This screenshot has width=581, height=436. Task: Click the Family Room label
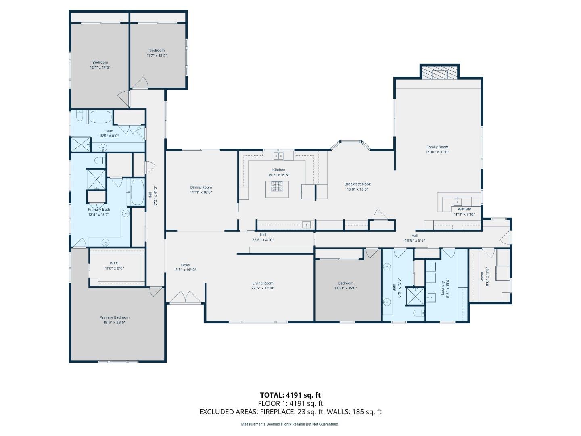coord(437,147)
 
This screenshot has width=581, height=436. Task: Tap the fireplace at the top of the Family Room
coord(439,73)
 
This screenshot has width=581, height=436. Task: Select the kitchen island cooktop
coord(277,186)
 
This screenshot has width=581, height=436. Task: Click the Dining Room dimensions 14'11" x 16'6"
coord(201,193)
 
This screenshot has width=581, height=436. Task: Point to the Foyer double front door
coord(185,298)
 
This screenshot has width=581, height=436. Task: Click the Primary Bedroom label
coord(115,317)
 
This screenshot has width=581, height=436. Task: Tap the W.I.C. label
coord(114,263)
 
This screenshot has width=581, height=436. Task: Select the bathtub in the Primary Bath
coord(137,193)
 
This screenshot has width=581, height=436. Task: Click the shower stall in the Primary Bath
coord(97,179)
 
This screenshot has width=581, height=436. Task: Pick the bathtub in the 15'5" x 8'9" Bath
coord(100,117)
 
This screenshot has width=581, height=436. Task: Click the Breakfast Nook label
coord(357,184)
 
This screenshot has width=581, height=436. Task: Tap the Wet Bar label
coord(464,209)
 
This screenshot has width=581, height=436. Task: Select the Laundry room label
coord(442,288)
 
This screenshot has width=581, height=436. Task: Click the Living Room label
coord(263,283)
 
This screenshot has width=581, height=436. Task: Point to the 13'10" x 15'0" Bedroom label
coord(345,283)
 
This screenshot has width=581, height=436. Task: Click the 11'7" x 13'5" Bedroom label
coord(157,50)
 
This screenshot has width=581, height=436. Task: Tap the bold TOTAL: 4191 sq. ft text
coord(290,395)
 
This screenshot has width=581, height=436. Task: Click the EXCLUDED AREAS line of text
coord(290,412)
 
